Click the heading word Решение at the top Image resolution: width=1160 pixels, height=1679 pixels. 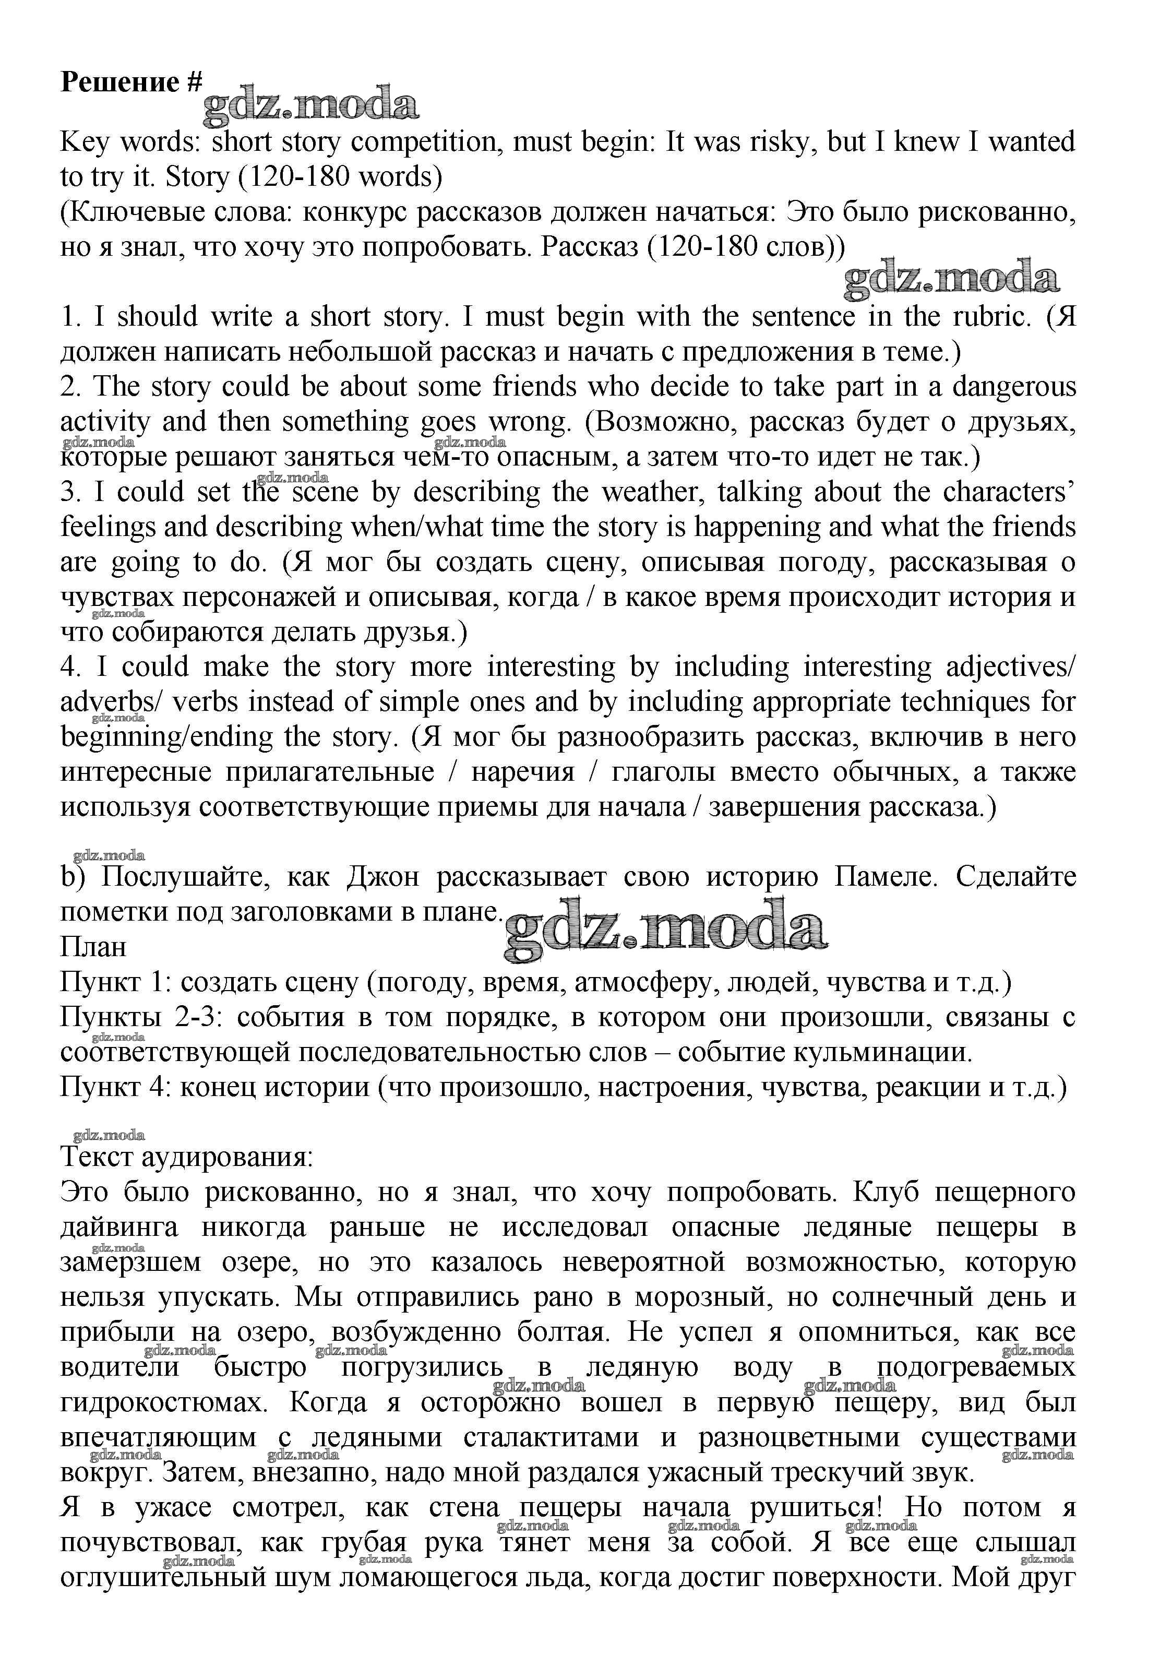coord(119,82)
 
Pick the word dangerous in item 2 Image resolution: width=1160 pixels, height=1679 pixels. coord(1014,387)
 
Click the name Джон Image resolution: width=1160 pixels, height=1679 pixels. coord(384,877)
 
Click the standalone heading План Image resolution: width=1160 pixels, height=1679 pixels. coord(94,947)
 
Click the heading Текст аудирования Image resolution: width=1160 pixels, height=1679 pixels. coord(187,1157)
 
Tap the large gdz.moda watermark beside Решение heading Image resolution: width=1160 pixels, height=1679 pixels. coord(310,105)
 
